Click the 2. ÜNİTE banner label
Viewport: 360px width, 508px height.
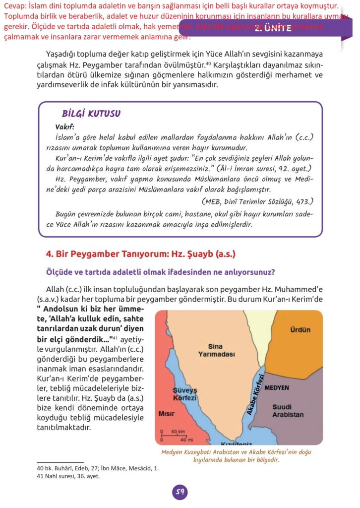(273, 29)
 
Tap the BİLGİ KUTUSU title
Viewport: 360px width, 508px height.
(91, 114)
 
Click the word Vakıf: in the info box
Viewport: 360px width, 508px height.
(64, 126)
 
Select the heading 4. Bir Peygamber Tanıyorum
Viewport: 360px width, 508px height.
(140, 254)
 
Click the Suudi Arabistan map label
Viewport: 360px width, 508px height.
(288, 411)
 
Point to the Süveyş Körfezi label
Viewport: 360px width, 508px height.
(185, 394)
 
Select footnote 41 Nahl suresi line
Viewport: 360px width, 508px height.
(68, 476)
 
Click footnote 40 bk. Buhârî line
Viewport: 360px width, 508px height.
(98, 468)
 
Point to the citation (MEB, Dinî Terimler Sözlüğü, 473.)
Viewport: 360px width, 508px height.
(257, 201)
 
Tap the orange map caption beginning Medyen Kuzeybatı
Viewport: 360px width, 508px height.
(236, 456)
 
